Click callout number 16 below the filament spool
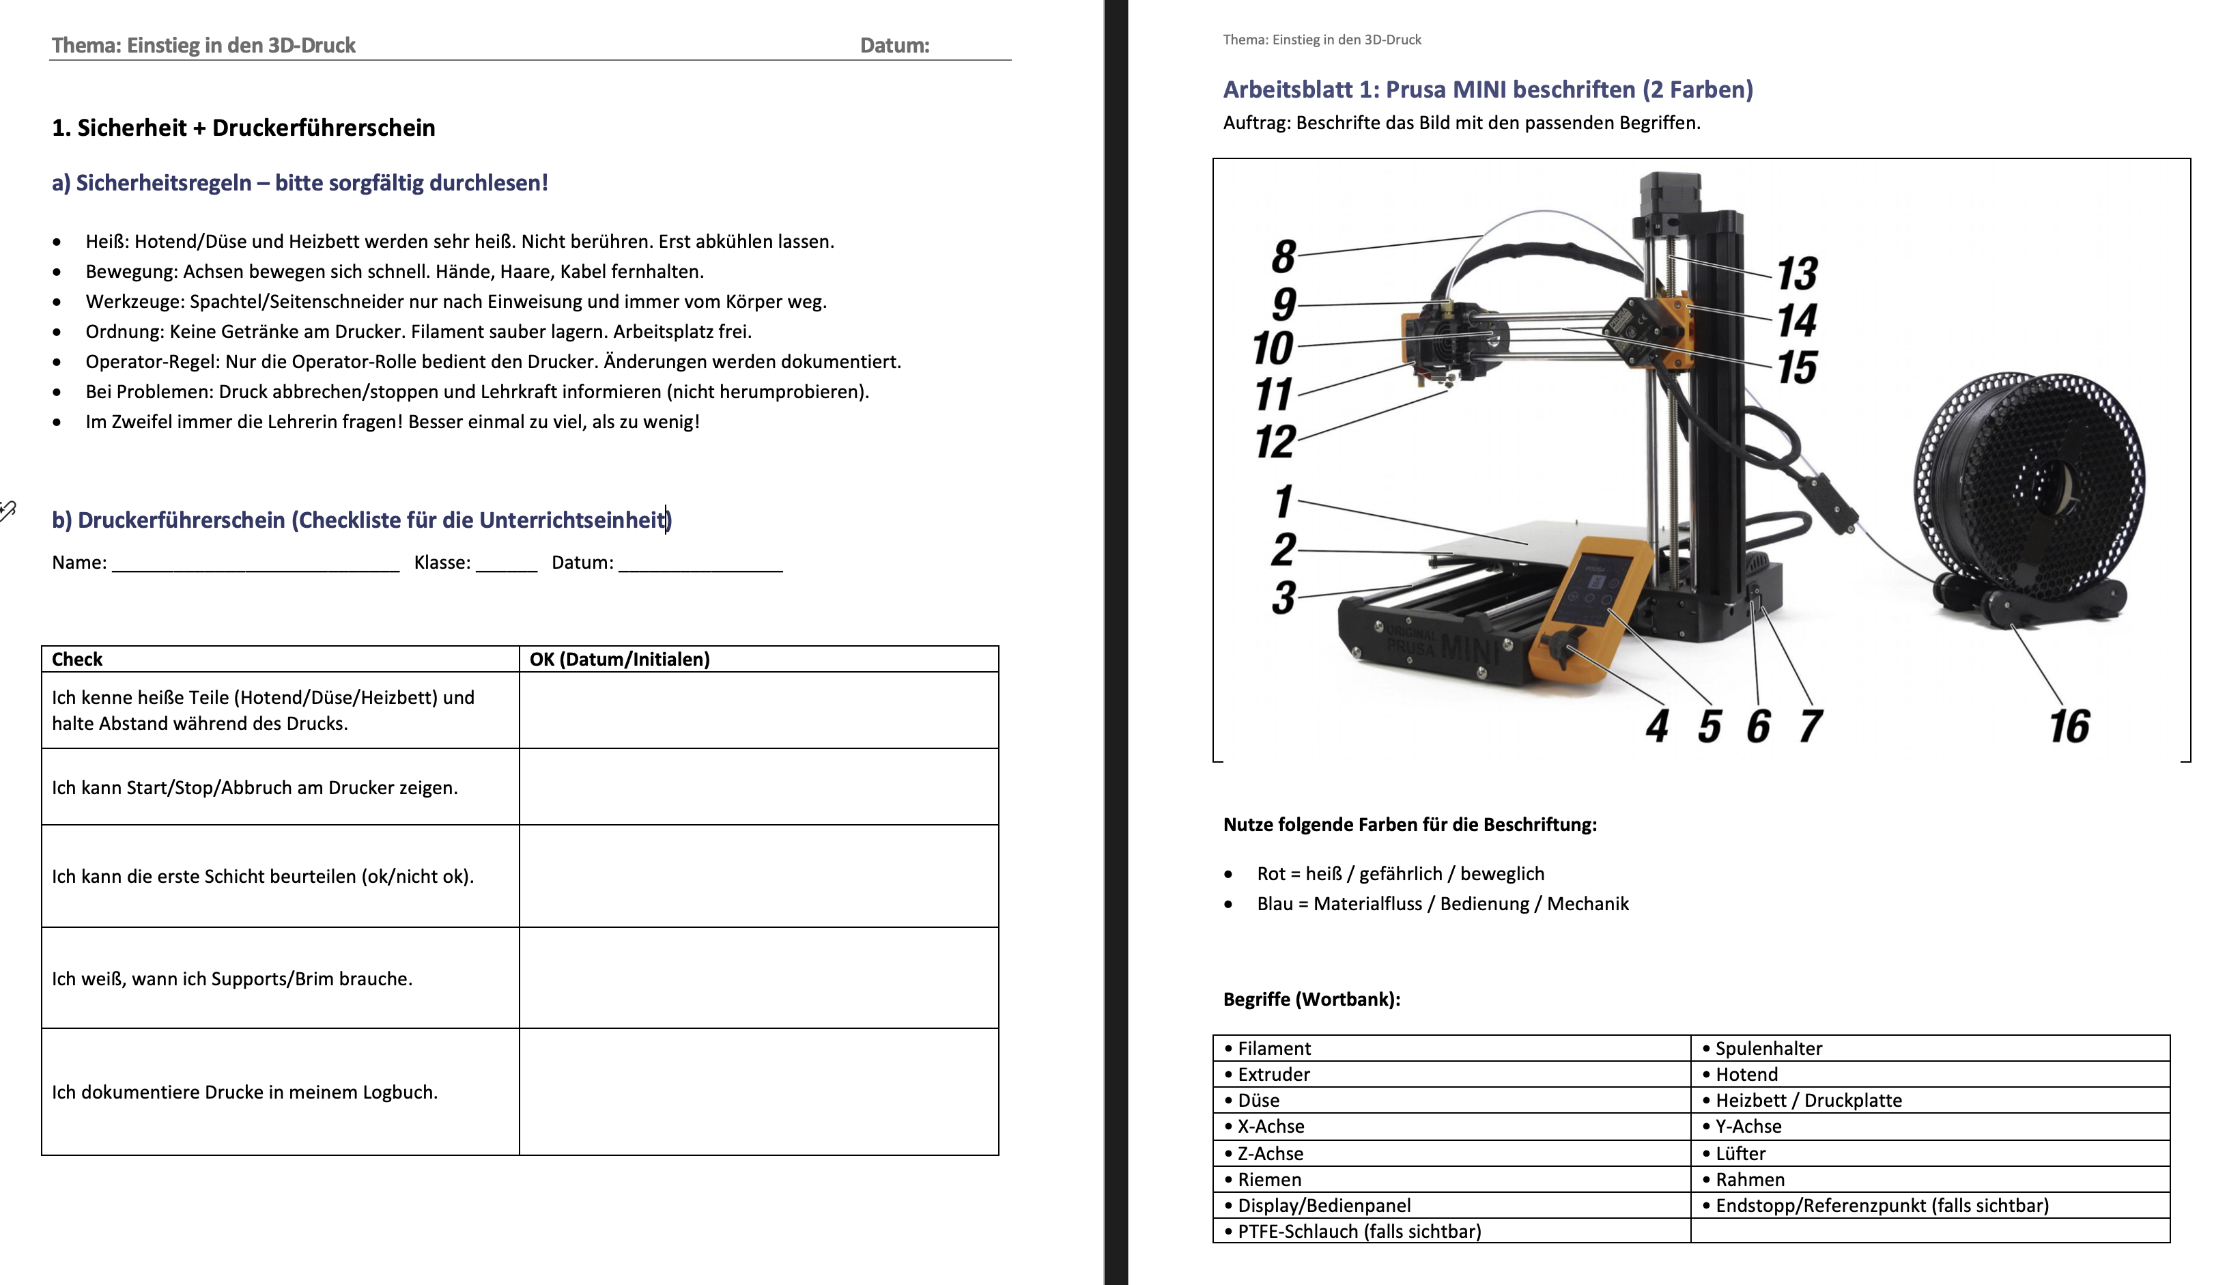click(2069, 726)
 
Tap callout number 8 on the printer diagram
click(1283, 257)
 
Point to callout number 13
click(1798, 274)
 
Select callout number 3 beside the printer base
click(1283, 597)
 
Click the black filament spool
click(2030, 485)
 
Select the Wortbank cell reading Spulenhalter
click(1768, 1049)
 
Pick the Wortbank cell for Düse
click(1258, 1101)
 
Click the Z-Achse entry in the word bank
click(1270, 1153)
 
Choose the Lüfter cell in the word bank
click(1740, 1153)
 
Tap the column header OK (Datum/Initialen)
click(619, 660)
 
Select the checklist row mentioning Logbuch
click(244, 1092)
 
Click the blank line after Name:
click(256, 563)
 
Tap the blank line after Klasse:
click(507, 563)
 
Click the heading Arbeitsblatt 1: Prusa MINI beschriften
click(1488, 89)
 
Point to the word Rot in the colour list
click(1271, 874)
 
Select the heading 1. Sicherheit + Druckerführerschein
click(244, 128)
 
